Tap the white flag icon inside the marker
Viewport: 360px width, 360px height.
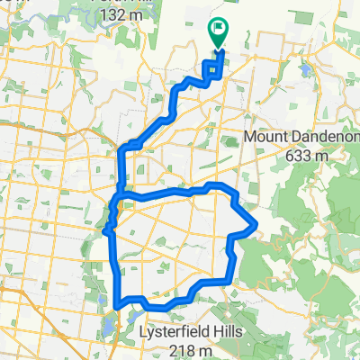pos(218,30)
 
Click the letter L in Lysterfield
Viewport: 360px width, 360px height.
pos(144,332)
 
